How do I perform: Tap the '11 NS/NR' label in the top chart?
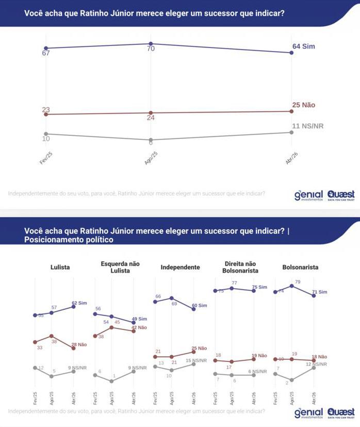click(308, 126)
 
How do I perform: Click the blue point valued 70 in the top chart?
click(150, 44)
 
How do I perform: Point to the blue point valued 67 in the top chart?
click(46, 48)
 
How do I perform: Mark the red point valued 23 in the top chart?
click(46, 114)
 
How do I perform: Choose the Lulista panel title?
click(60, 267)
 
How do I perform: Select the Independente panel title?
click(180, 267)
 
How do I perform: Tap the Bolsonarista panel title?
click(300, 267)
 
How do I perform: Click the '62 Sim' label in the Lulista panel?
click(79, 304)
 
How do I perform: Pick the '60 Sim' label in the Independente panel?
click(200, 306)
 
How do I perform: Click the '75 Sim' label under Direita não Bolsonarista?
click(260, 288)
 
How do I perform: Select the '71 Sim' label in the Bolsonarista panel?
click(320, 292)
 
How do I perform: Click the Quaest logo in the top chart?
click(341, 196)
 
